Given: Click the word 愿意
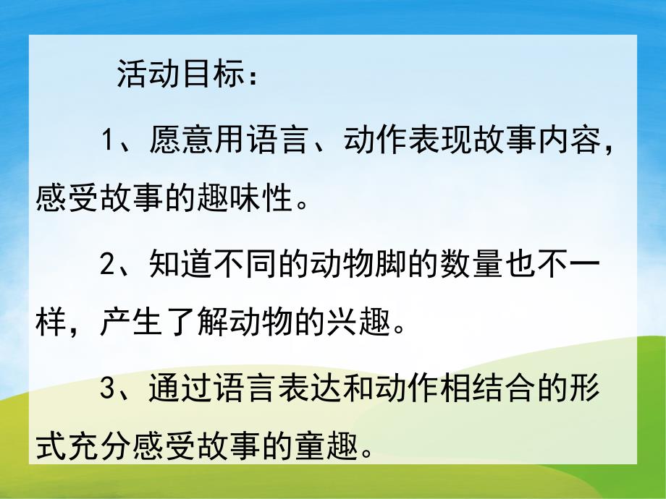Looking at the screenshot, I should pos(179,140).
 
